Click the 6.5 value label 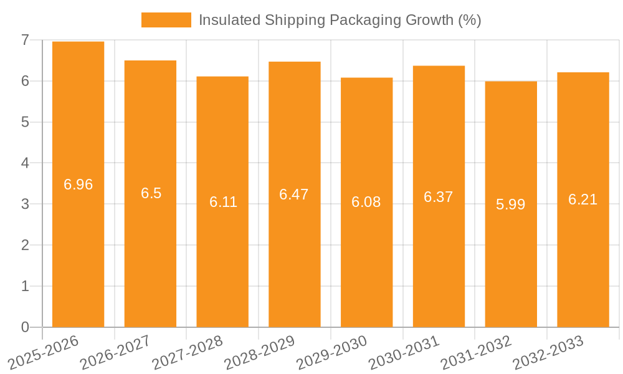click(151, 193)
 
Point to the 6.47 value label click(294, 194)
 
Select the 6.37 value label click(438, 197)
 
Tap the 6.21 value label click(583, 199)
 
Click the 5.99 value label click(511, 204)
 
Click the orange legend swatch click(166, 20)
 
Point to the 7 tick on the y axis click(25, 40)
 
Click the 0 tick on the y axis click(25, 327)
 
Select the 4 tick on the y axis click(25, 163)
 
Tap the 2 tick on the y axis click(25, 246)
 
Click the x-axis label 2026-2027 click(115, 352)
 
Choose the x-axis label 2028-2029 click(259, 352)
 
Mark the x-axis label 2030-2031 click(404, 352)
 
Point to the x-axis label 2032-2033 click(548, 352)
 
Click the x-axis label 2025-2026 click(44, 352)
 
